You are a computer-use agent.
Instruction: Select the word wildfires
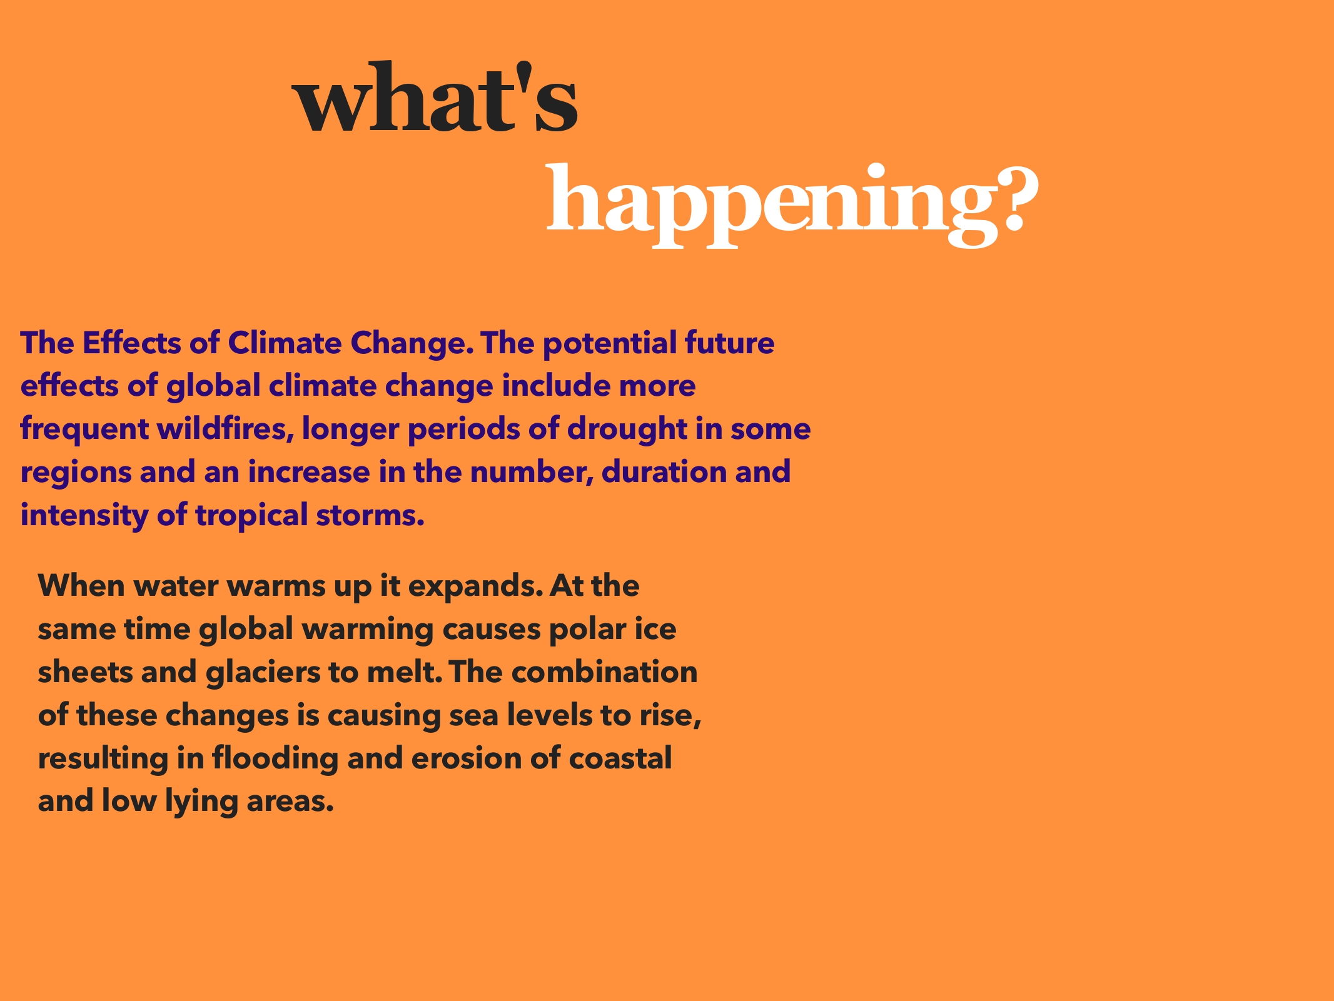225,429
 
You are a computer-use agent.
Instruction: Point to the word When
82,586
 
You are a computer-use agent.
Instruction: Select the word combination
604,672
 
